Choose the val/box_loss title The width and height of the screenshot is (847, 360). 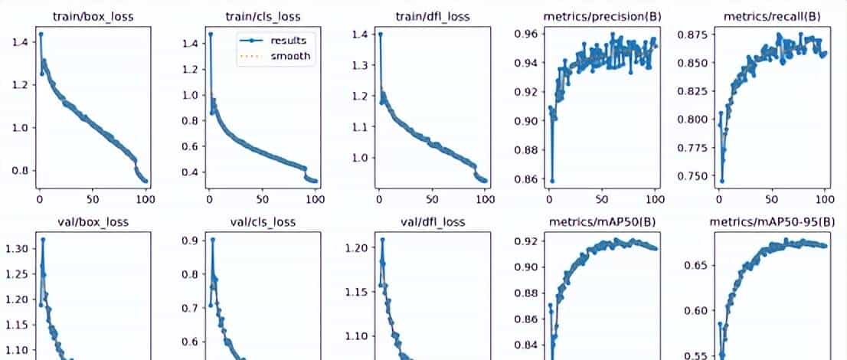[x=93, y=222]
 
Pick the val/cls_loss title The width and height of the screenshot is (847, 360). [x=263, y=222]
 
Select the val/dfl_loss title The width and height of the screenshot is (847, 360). [x=432, y=222]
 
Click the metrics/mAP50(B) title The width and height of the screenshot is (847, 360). [x=602, y=222]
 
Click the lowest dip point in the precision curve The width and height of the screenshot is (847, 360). [x=551, y=181]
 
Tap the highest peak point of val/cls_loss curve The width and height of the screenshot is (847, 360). [x=212, y=239]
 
